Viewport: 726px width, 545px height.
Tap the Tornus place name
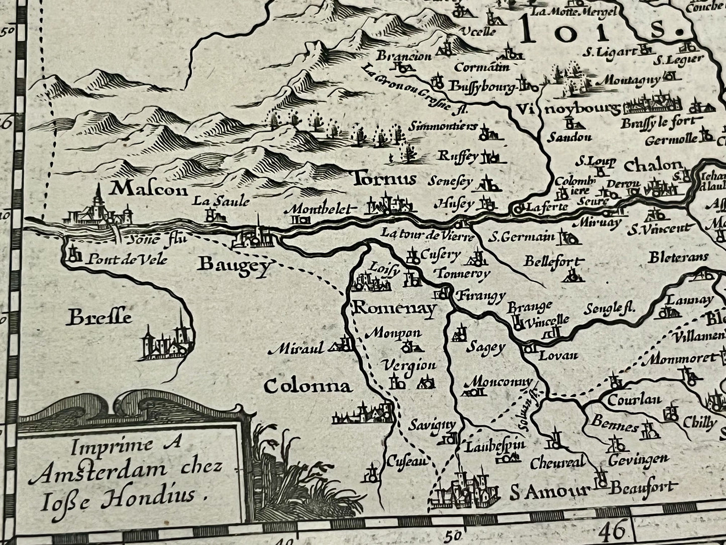384,179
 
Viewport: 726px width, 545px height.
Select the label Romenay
394,309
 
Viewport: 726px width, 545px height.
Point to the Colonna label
307,386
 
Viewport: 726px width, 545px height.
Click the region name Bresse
100,317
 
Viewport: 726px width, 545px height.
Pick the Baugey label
234,264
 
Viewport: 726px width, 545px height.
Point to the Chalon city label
653,165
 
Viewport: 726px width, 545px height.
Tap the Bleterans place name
678,257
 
